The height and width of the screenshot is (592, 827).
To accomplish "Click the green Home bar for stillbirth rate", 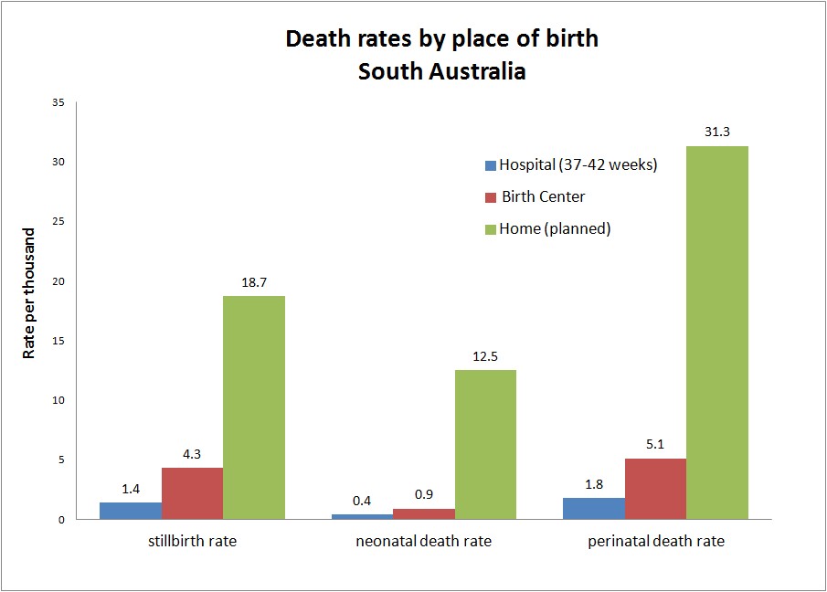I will [253, 407].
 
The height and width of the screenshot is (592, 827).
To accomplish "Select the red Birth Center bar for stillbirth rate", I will [192, 493].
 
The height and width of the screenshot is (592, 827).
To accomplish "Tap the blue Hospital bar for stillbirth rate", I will [131, 511].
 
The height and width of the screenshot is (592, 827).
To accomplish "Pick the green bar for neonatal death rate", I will [485, 444].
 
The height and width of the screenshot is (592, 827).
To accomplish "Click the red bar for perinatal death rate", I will [655, 489].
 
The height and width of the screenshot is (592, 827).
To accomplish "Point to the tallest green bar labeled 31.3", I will [716, 333].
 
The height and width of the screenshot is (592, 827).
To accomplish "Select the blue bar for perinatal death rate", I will [594, 508].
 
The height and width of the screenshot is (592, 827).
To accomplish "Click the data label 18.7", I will [253, 282].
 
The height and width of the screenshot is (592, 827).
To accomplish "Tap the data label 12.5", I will [485, 356].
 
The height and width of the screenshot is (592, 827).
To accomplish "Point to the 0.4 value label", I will [363, 502].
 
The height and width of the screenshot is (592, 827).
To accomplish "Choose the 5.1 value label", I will [655, 444].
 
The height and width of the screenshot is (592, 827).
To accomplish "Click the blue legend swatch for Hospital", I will [491, 165].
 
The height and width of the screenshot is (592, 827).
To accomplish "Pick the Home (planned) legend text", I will [554, 228].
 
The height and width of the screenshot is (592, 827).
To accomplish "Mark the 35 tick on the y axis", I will [58, 102].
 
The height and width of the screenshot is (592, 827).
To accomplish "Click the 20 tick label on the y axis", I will [58, 281].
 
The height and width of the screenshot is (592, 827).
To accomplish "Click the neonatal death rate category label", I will [423, 541].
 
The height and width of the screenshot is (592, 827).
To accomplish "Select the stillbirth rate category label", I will [192, 541].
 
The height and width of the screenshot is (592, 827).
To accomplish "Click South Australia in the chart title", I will [441, 71].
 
